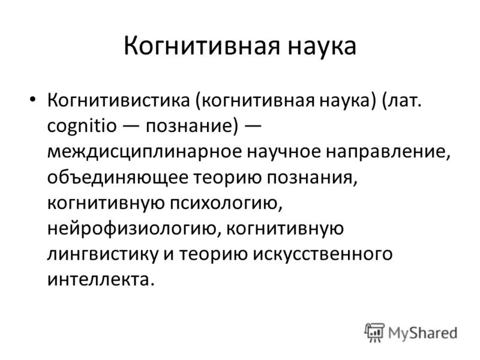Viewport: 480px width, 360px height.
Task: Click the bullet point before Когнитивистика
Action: coord(32,99)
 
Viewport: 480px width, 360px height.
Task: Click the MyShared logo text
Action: coord(422,332)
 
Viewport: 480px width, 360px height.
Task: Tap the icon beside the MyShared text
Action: coord(375,332)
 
